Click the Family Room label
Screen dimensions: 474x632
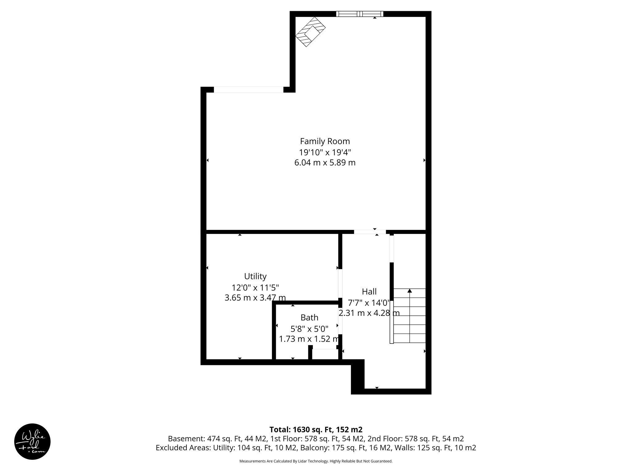(x=325, y=141)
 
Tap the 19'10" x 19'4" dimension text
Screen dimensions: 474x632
(x=325, y=152)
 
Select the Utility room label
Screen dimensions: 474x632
(x=255, y=276)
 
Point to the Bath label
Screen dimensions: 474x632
(x=309, y=318)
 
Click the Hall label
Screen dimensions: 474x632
(x=369, y=291)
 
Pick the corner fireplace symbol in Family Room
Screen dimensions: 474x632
(x=310, y=32)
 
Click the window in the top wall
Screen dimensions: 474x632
(x=360, y=14)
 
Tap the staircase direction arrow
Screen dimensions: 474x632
(x=410, y=291)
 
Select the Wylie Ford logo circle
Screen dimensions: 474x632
(x=32, y=441)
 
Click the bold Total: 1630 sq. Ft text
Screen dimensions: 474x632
(x=316, y=430)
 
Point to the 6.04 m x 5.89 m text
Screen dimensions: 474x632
(x=325, y=163)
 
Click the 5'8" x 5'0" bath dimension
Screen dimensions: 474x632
(x=309, y=328)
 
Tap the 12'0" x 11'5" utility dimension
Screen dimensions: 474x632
(x=255, y=287)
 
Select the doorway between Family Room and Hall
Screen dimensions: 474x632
(x=370, y=232)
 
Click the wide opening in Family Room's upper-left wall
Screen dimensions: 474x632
(x=248, y=90)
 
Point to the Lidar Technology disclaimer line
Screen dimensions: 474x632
(x=316, y=461)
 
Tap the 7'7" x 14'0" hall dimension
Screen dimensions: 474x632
(x=369, y=302)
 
